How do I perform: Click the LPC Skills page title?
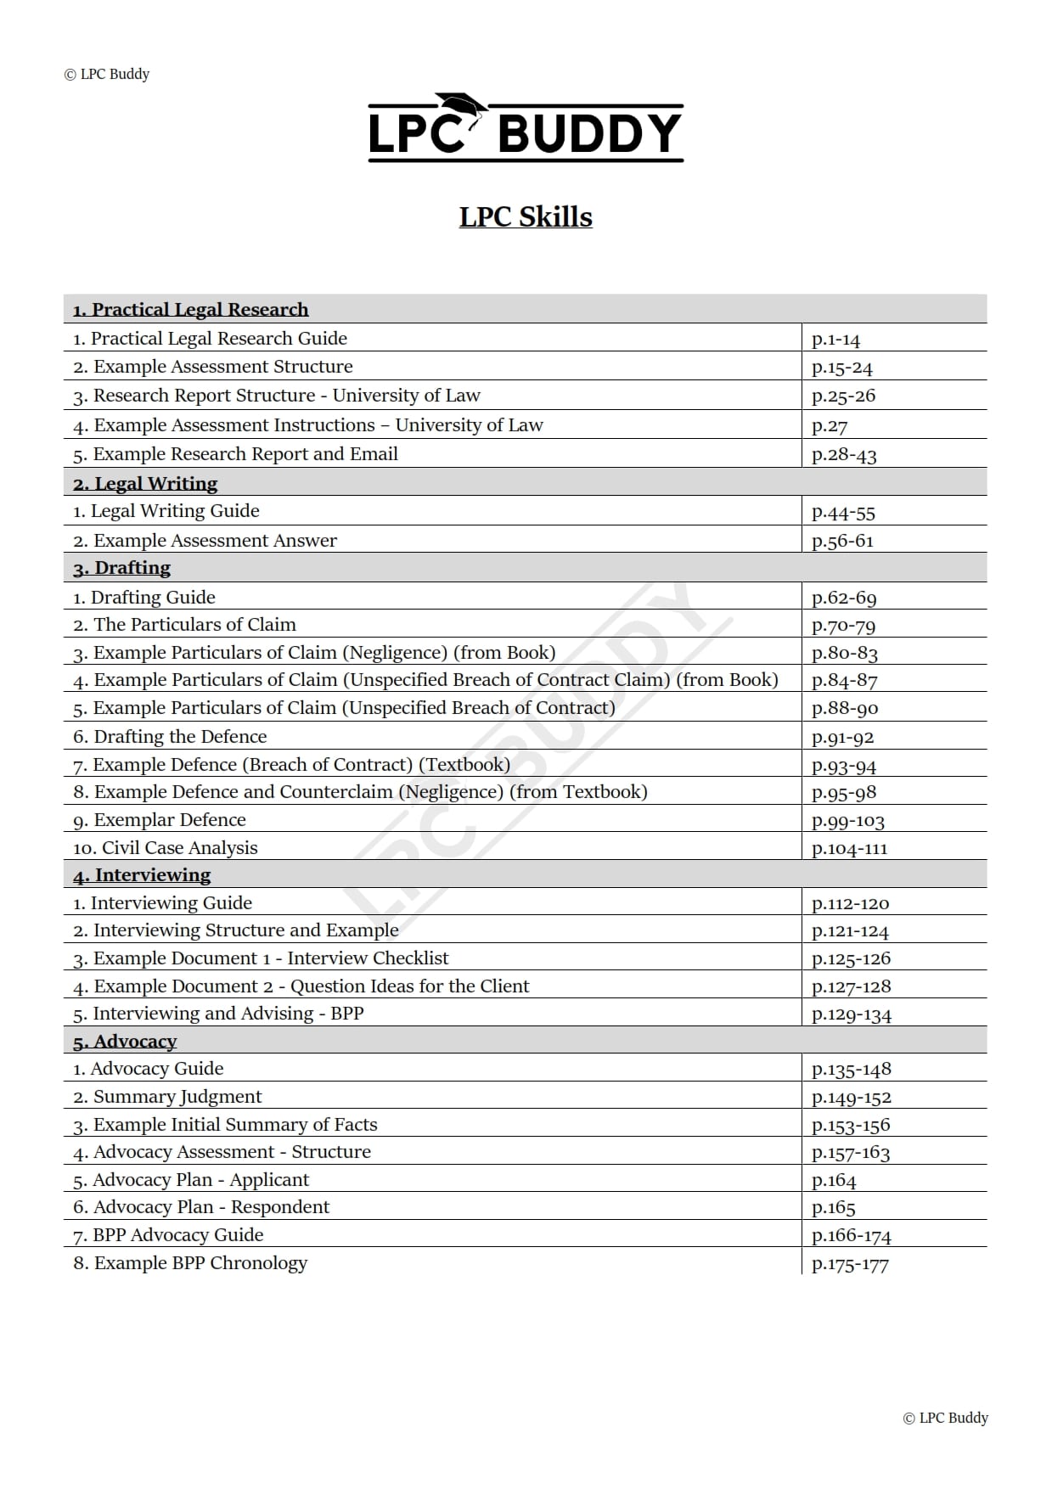click(x=526, y=217)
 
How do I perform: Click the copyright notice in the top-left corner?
click(x=107, y=74)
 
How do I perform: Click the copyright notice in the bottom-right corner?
click(x=945, y=1418)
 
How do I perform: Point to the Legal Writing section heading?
click(x=145, y=484)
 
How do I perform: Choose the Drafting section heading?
click(x=121, y=568)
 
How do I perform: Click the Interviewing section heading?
click(x=142, y=875)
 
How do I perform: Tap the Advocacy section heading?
click(x=125, y=1042)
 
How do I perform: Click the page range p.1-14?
click(x=835, y=340)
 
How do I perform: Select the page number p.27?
click(x=830, y=426)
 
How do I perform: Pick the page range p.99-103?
click(x=848, y=821)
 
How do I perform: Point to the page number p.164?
click(x=834, y=1181)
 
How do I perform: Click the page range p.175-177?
click(x=850, y=1264)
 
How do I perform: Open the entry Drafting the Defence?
click(x=170, y=737)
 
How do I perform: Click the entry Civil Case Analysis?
click(x=166, y=848)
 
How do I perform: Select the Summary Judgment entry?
click(x=167, y=1097)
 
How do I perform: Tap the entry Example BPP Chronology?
click(x=190, y=1263)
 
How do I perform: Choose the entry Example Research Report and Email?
click(x=235, y=454)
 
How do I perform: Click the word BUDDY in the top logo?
click(x=589, y=134)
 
